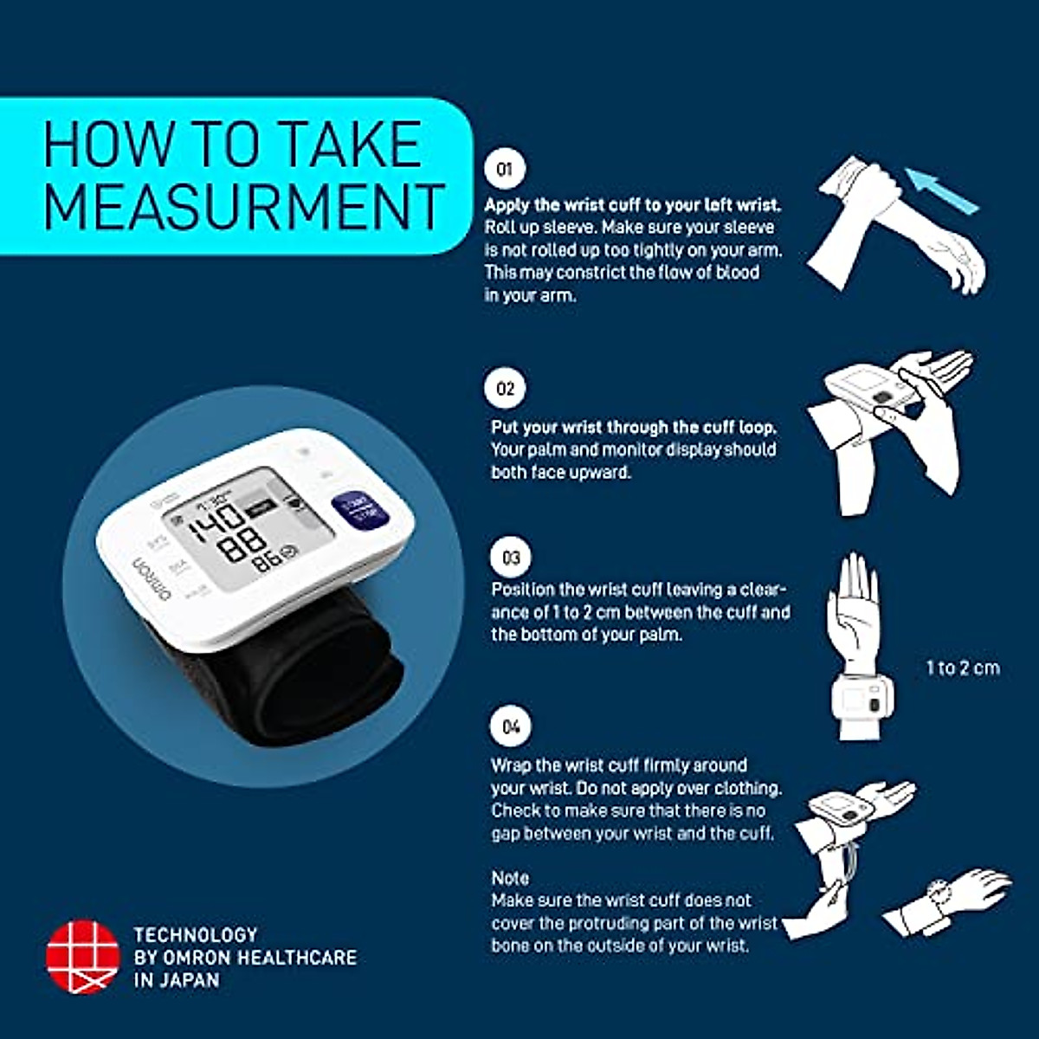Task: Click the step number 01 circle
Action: (505, 170)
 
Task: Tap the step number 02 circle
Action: (505, 388)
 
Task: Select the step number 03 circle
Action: (510, 557)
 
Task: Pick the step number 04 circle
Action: (511, 726)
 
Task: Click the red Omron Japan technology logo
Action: (82, 957)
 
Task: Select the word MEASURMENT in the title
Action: (243, 207)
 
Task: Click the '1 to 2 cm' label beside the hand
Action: (963, 668)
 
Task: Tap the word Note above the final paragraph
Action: (510, 878)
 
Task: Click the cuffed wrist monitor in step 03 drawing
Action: (861, 700)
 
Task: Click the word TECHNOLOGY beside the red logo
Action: (196, 934)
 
